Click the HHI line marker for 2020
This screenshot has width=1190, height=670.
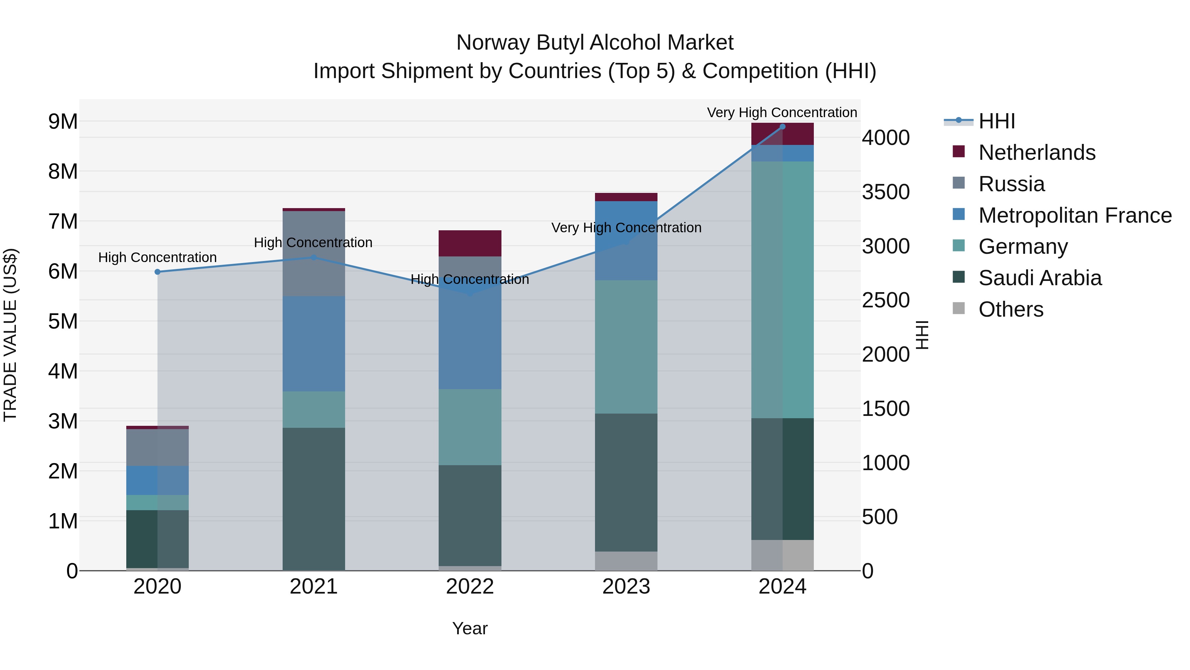point(158,272)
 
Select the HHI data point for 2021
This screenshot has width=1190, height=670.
point(314,257)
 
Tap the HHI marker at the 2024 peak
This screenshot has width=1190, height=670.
point(782,127)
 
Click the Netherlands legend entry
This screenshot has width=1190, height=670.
point(1036,153)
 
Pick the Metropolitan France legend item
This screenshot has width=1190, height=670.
point(1075,215)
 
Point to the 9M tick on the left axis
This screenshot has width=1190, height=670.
point(63,122)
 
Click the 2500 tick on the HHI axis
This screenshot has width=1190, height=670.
point(885,300)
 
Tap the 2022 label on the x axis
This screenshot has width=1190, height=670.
point(470,587)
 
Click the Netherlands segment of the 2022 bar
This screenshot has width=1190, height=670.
point(470,243)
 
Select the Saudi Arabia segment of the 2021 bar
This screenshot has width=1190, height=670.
point(314,499)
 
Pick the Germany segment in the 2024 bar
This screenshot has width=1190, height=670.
point(782,290)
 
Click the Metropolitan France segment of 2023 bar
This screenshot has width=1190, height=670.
point(626,241)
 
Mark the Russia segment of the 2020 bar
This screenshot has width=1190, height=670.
point(158,448)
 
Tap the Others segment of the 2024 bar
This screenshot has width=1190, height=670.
point(782,555)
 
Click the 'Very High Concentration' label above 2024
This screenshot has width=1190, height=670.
point(782,112)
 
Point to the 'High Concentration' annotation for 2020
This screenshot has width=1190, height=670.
point(158,257)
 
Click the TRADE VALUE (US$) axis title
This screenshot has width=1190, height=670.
point(11,335)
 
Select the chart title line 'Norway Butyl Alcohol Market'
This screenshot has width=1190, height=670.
point(595,43)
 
